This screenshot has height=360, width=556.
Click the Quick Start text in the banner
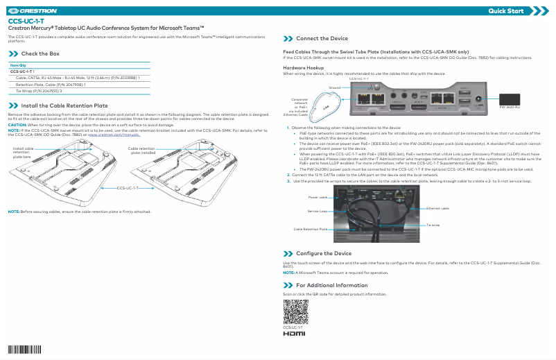click(506, 11)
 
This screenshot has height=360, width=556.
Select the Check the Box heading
click(40, 53)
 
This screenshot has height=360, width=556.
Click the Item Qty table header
click(18, 65)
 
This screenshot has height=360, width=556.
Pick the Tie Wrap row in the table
click(39, 91)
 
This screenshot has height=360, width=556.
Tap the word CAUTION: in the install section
click(17, 124)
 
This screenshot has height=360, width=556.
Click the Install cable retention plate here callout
click(24, 153)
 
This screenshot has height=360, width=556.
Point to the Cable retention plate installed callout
click(141, 151)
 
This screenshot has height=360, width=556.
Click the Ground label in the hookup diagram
click(334, 88)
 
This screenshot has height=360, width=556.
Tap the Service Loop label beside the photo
click(318, 210)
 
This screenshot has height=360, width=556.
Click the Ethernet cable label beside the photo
click(437, 208)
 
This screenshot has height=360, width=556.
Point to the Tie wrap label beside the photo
click(433, 225)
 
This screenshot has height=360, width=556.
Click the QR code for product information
click(295, 311)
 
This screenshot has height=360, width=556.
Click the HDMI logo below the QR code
click(294, 334)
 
